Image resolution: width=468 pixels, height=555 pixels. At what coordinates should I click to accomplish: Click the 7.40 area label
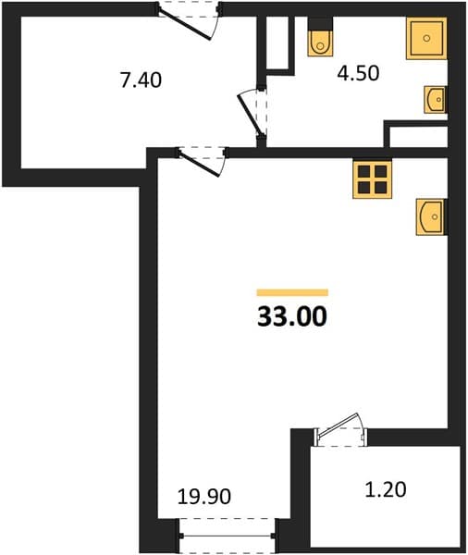click(141, 80)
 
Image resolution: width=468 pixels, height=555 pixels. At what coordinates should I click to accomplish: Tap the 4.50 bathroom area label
click(358, 73)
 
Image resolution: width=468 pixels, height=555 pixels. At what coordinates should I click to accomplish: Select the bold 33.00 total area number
click(292, 316)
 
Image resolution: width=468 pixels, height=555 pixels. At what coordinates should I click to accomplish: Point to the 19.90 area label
click(204, 496)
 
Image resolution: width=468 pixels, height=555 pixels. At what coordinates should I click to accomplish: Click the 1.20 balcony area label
click(386, 490)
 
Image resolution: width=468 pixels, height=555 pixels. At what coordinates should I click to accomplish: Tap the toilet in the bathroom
click(320, 43)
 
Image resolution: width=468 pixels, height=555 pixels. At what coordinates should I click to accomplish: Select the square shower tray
click(426, 38)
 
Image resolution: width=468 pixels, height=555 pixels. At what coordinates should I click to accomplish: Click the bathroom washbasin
click(435, 100)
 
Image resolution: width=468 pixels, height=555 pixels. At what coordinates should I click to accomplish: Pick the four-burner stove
click(372, 179)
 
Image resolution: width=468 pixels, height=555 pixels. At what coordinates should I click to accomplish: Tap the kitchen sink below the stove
click(430, 216)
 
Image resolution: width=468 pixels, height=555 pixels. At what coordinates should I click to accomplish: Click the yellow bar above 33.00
click(292, 292)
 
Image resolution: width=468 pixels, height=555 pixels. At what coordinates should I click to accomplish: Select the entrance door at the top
click(189, 20)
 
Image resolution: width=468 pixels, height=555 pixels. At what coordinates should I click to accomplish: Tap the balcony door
click(340, 430)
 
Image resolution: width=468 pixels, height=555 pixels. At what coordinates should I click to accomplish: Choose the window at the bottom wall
click(228, 536)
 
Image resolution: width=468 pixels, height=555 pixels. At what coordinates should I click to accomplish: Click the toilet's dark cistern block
click(320, 24)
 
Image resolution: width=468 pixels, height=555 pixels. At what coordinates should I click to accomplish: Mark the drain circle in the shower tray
click(426, 38)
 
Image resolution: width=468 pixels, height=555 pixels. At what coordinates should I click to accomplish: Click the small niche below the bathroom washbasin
click(418, 137)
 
